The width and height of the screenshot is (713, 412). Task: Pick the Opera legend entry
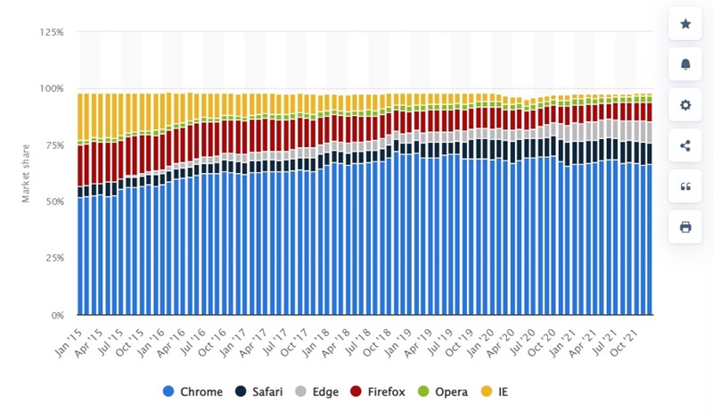point(451,391)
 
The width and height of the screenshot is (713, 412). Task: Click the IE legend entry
point(507,391)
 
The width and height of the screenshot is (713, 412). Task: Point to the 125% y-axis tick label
point(52,32)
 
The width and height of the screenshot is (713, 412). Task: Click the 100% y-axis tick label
point(52,88)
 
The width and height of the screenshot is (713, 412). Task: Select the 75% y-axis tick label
point(53,145)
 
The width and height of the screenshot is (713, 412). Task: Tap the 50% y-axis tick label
point(53,202)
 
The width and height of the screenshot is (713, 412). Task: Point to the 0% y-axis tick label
point(56,316)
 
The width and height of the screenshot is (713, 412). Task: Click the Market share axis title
point(27,174)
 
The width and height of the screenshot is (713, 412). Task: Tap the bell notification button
point(685,64)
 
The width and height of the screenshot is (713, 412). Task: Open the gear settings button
point(685,105)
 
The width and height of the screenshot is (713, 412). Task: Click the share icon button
point(685,145)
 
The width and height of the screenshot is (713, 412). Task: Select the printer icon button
point(685,227)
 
